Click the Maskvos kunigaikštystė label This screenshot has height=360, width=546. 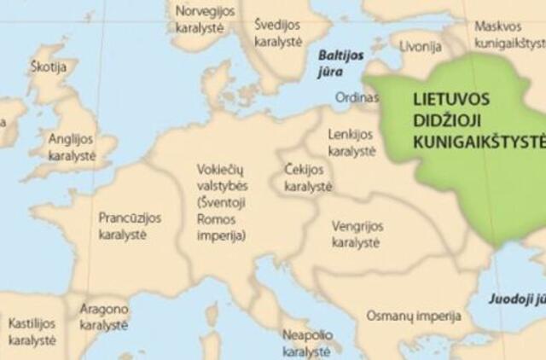508,32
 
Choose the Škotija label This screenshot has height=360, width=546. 46,64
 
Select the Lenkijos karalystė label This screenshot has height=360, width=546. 351,142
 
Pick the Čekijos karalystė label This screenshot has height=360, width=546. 307,178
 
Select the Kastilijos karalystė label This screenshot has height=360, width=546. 32,332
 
